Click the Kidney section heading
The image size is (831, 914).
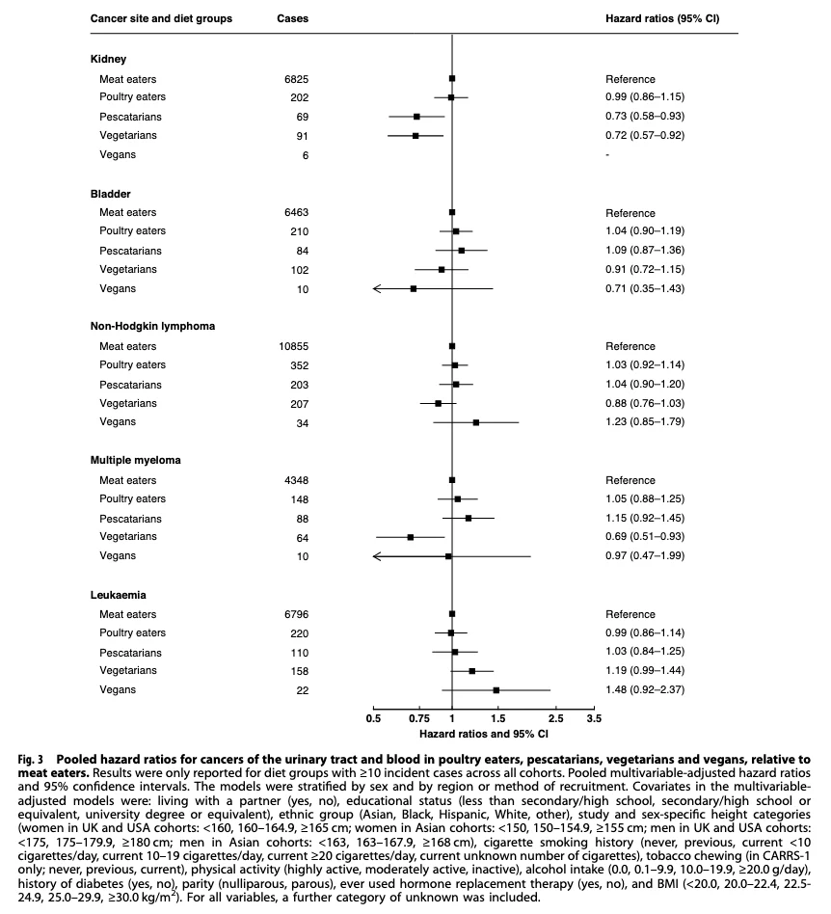click(x=108, y=59)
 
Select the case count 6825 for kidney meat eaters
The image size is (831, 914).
click(x=297, y=78)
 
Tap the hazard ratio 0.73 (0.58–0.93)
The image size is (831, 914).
click(x=650, y=116)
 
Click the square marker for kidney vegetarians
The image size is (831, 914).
click(x=415, y=136)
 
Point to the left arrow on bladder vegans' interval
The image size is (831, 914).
click(x=379, y=288)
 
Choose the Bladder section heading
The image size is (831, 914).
click(x=110, y=193)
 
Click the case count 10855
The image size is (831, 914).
click(x=292, y=345)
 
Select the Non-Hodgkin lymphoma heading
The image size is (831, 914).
click(x=152, y=326)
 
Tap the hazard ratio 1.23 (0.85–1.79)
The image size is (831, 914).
click(x=650, y=421)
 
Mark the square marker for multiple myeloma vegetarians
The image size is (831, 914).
click(x=411, y=537)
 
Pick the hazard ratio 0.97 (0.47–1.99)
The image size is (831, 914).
click(x=650, y=555)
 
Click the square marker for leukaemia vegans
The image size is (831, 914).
click(x=496, y=690)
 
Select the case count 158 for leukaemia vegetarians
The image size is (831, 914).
click(x=300, y=670)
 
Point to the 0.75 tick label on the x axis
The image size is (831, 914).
click(x=419, y=718)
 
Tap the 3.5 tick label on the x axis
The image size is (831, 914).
click(x=594, y=718)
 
